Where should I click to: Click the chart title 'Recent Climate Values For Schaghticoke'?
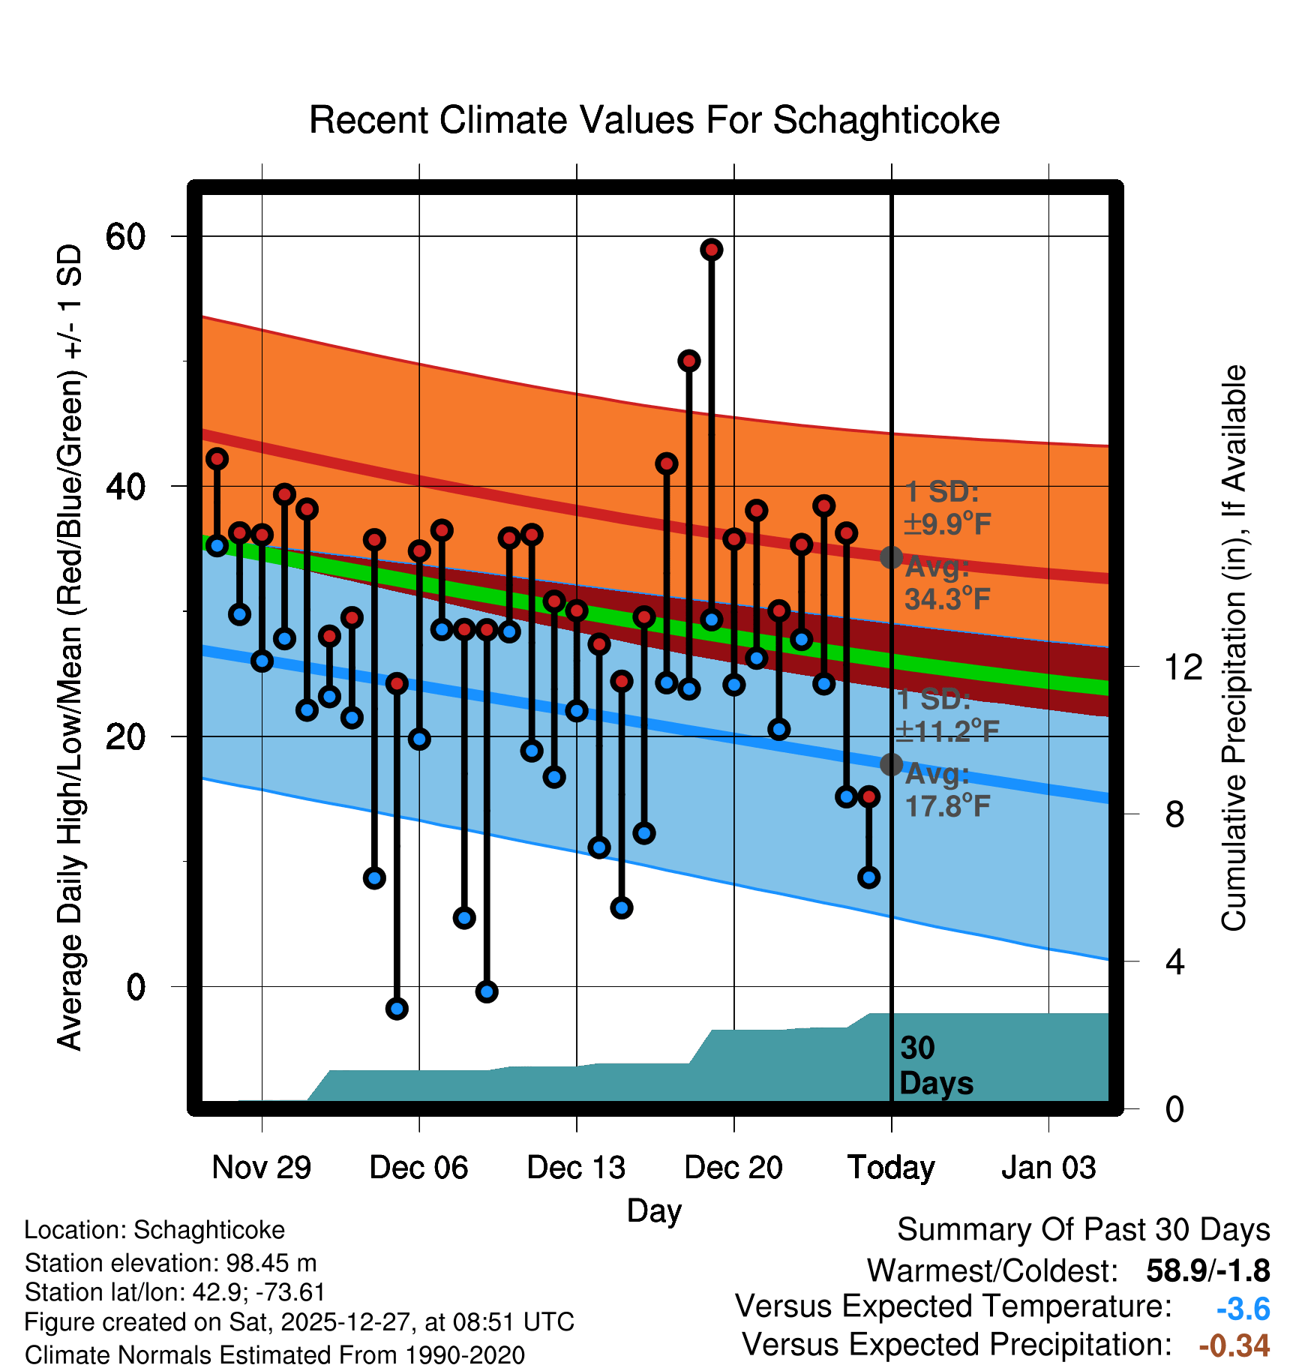[654, 120]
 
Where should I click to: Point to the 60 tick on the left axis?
[125, 237]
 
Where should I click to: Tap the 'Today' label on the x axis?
[891, 1168]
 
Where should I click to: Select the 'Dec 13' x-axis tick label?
[576, 1168]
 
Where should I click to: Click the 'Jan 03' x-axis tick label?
[1048, 1168]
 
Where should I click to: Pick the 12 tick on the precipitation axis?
[1183, 667]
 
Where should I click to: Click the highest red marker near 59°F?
[712, 250]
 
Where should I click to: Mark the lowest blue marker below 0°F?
[397, 1009]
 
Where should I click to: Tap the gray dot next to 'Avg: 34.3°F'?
[891, 557]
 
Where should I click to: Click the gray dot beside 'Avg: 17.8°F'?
[891, 764]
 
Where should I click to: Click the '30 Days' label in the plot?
[935, 1066]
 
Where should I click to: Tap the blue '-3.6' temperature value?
[1243, 1309]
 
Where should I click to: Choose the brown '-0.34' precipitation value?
[1234, 1345]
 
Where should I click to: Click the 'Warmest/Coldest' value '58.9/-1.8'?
[1207, 1270]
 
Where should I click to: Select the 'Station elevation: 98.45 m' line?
[170, 1264]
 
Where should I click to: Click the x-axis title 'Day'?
[654, 1210]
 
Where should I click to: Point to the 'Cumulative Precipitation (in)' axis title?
[1234, 648]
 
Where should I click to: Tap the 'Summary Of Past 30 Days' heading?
[1083, 1230]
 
